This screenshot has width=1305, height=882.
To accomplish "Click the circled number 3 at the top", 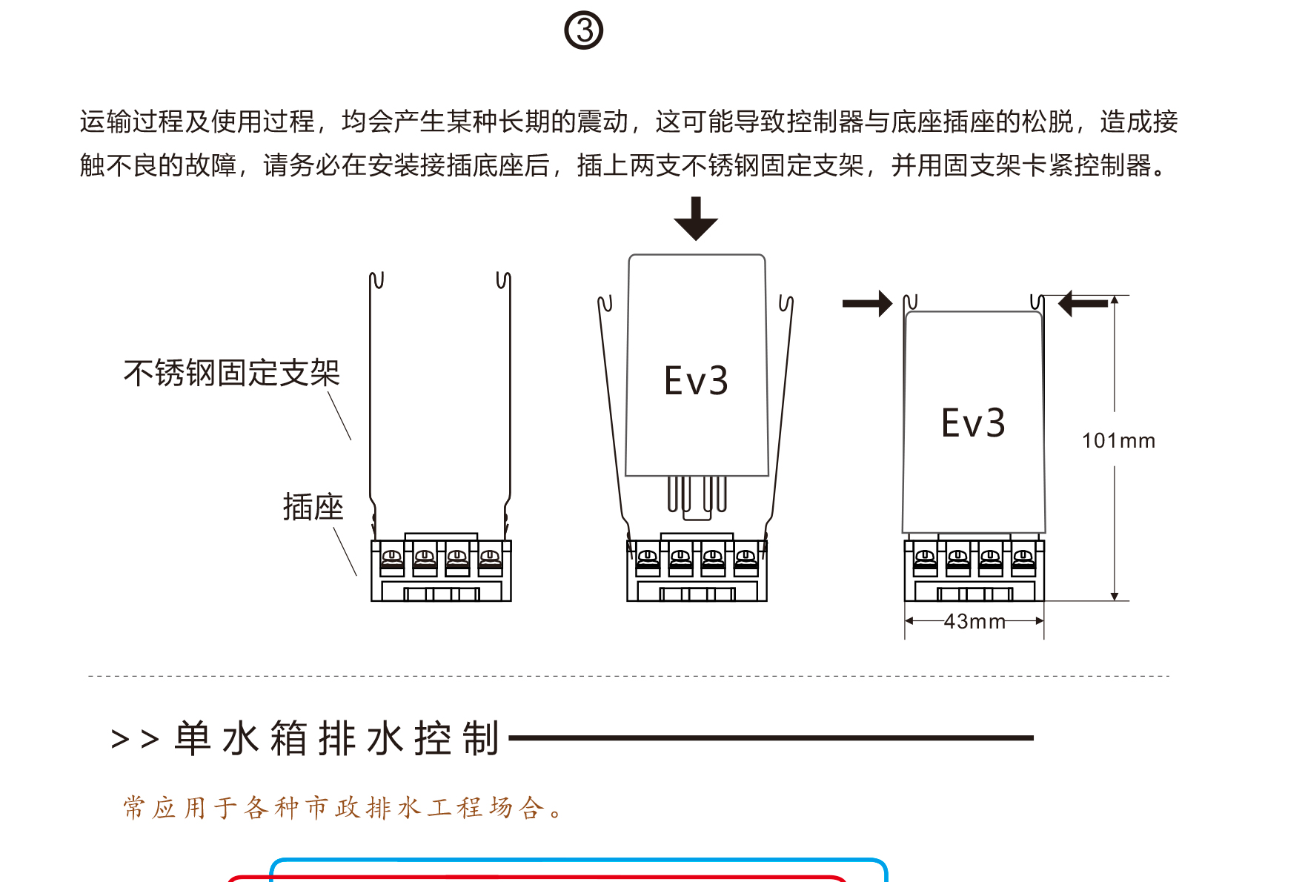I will pos(584,30).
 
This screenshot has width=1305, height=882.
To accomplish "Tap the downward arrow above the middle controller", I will pos(695,219).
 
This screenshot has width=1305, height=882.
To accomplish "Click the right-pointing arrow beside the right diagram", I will pos(868,303).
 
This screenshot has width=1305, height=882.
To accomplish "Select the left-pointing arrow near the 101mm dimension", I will pos(1083,303).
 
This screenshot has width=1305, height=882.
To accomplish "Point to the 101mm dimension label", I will pos(1118,441).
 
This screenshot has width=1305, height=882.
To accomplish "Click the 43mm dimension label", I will pos(974,621).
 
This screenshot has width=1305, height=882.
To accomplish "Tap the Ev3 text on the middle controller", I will pos(696,381).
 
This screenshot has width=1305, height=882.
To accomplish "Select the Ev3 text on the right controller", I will pos(973,423).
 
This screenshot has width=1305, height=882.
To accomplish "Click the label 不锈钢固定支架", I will pos(231,373).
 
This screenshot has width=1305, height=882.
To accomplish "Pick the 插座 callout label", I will pos(313,507).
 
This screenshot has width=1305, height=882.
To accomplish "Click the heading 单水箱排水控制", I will pos(337,738).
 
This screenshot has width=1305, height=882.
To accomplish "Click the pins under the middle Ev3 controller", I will pos(697,495).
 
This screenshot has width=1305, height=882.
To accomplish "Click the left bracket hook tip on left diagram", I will pos(376,280).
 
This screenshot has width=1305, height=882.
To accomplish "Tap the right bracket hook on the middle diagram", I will pos(786,303).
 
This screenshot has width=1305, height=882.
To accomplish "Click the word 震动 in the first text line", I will pos(602,122).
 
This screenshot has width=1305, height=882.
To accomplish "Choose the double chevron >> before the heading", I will pos(135,739).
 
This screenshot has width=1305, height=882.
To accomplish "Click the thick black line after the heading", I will pos(771,738).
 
